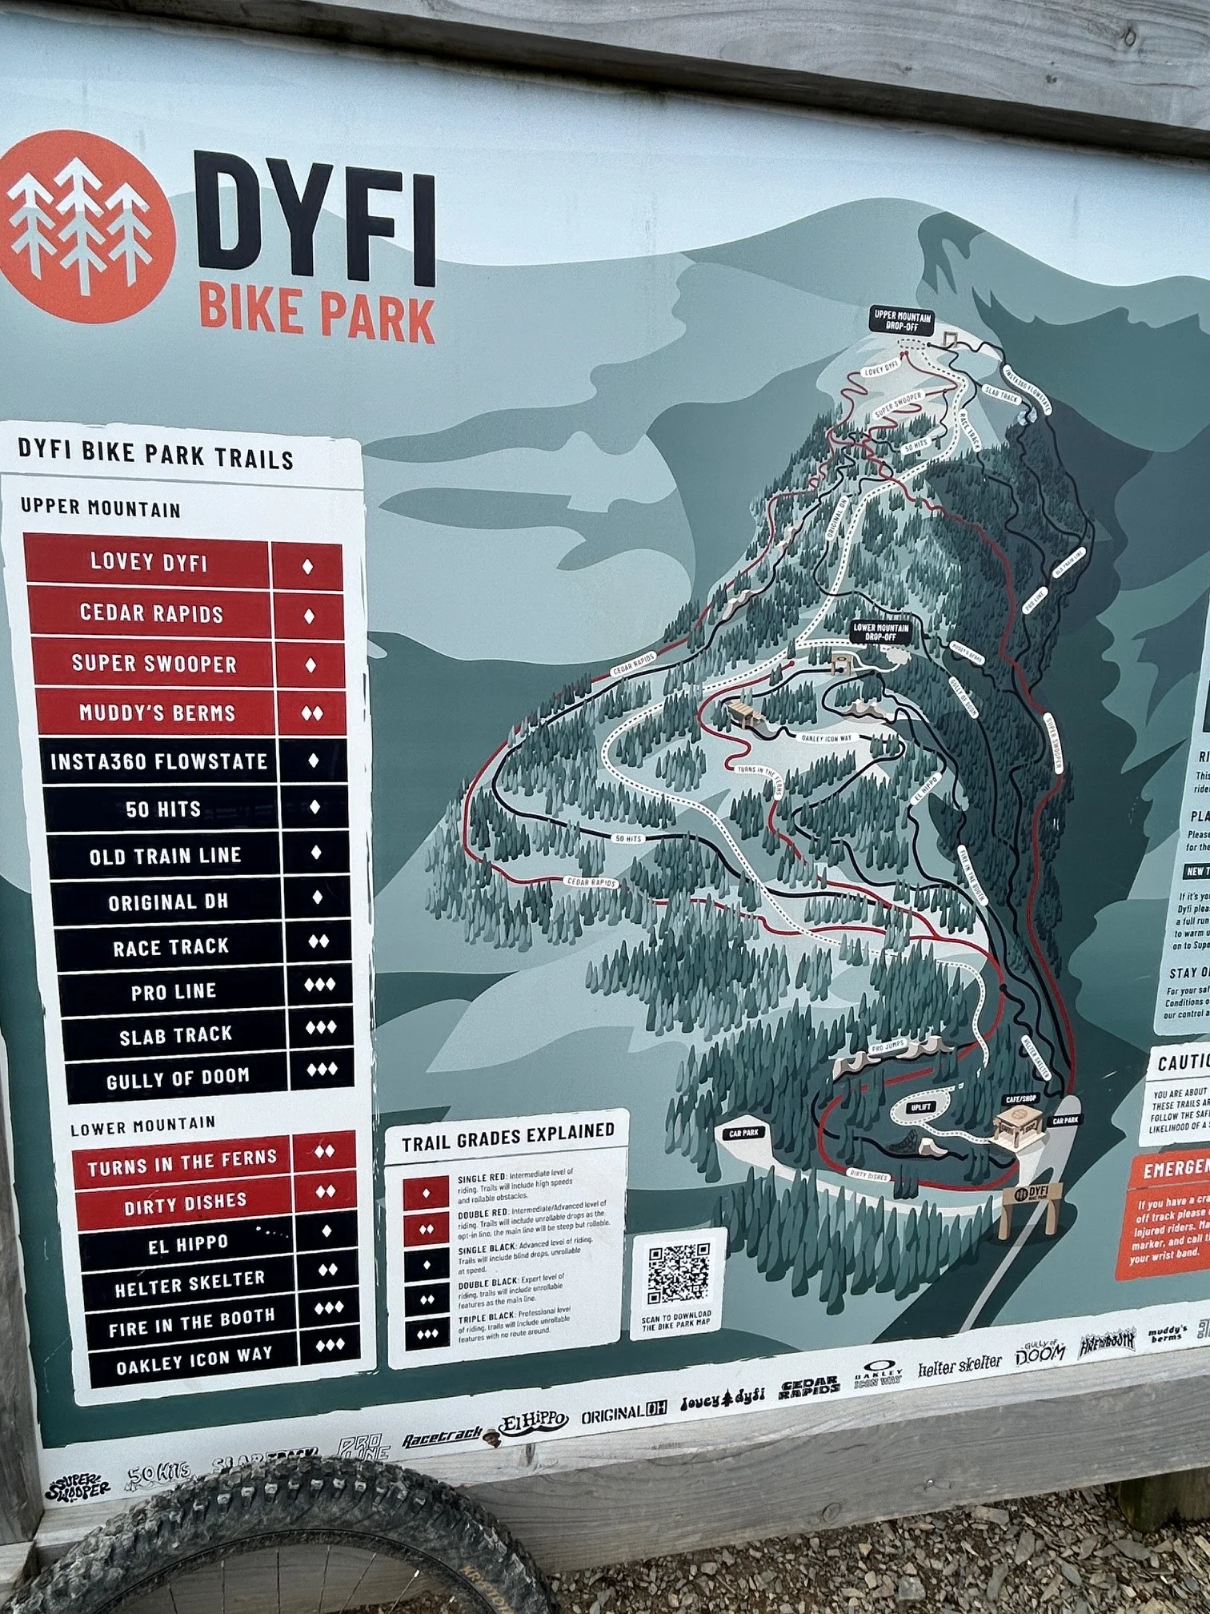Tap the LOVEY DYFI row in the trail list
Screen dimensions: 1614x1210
149,562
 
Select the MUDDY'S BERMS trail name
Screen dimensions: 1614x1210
157,713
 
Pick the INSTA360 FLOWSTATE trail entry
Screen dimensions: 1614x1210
158,761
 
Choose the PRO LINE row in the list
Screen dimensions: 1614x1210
174,991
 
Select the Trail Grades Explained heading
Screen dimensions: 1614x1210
507,1133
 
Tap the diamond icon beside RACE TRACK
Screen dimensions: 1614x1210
318,943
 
